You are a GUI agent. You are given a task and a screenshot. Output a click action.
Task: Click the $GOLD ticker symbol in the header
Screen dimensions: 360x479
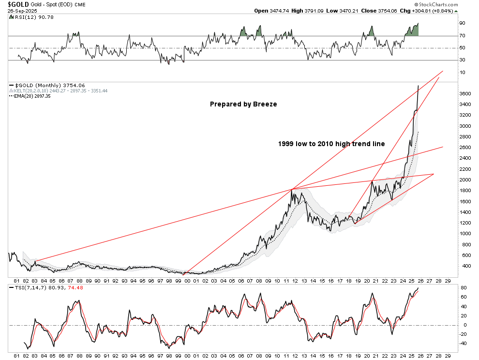pos(18,4)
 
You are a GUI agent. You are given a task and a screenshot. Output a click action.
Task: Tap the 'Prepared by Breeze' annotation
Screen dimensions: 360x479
pos(243,104)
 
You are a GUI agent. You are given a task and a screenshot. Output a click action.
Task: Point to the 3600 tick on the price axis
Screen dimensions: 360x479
pos(465,93)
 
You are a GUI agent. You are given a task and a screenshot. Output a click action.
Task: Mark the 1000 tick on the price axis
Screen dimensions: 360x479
pos(465,233)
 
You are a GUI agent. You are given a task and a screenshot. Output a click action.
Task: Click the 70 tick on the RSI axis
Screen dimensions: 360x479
pos(462,35)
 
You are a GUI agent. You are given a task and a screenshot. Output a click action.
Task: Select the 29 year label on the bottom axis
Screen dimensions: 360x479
pos(448,280)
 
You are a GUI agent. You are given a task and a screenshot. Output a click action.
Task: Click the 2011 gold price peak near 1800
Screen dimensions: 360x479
pos(293,190)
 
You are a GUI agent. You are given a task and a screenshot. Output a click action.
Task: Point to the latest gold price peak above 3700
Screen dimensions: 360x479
pos(418,86)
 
